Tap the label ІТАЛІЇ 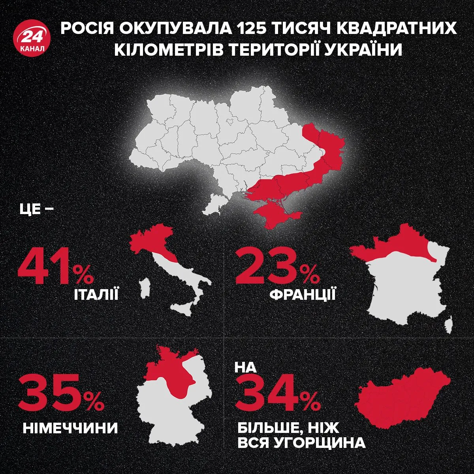point(96,294)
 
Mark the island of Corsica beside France point(449,326)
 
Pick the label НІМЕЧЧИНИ point(70,428)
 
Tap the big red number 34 point(269,395)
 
